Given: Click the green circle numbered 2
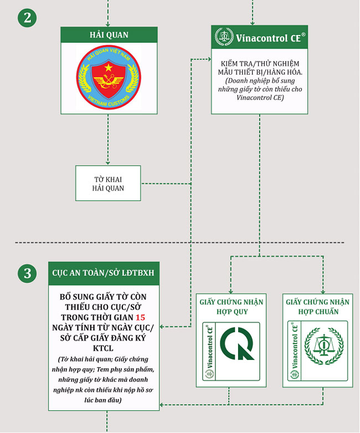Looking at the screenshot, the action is coord(27,18).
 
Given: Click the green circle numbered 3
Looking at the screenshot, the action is coord(27,274).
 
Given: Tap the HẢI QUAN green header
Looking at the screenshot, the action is coord(109,35).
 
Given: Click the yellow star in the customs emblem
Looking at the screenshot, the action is coord(109,67).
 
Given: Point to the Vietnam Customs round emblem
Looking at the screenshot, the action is coord(109,77).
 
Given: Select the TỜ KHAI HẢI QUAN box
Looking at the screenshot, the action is coord(108,183).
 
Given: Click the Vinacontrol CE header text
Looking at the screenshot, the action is coord(268,38).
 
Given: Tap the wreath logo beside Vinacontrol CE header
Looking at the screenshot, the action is coord(224,37).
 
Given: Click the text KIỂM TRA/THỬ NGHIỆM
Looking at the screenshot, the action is coord(260,64).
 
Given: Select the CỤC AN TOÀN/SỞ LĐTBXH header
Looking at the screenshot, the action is coord(104,273).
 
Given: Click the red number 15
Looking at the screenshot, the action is coord(140,317).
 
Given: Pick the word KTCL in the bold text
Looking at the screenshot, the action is coord(103,348).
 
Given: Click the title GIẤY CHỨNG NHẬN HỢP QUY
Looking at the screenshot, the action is coord(232,307).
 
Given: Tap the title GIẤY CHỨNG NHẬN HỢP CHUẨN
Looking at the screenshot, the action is coord(318,307).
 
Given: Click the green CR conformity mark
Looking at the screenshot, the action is coord(237,343).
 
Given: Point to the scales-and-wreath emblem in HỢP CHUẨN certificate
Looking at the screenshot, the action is coord(324,346).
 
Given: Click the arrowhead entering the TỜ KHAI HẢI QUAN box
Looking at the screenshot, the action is coord(108,163).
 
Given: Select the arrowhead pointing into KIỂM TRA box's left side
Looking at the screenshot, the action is coord(209,59).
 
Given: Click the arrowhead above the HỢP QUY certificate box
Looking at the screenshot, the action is coord(231,291).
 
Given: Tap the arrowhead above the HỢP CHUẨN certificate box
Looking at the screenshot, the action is coord(323,291).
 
